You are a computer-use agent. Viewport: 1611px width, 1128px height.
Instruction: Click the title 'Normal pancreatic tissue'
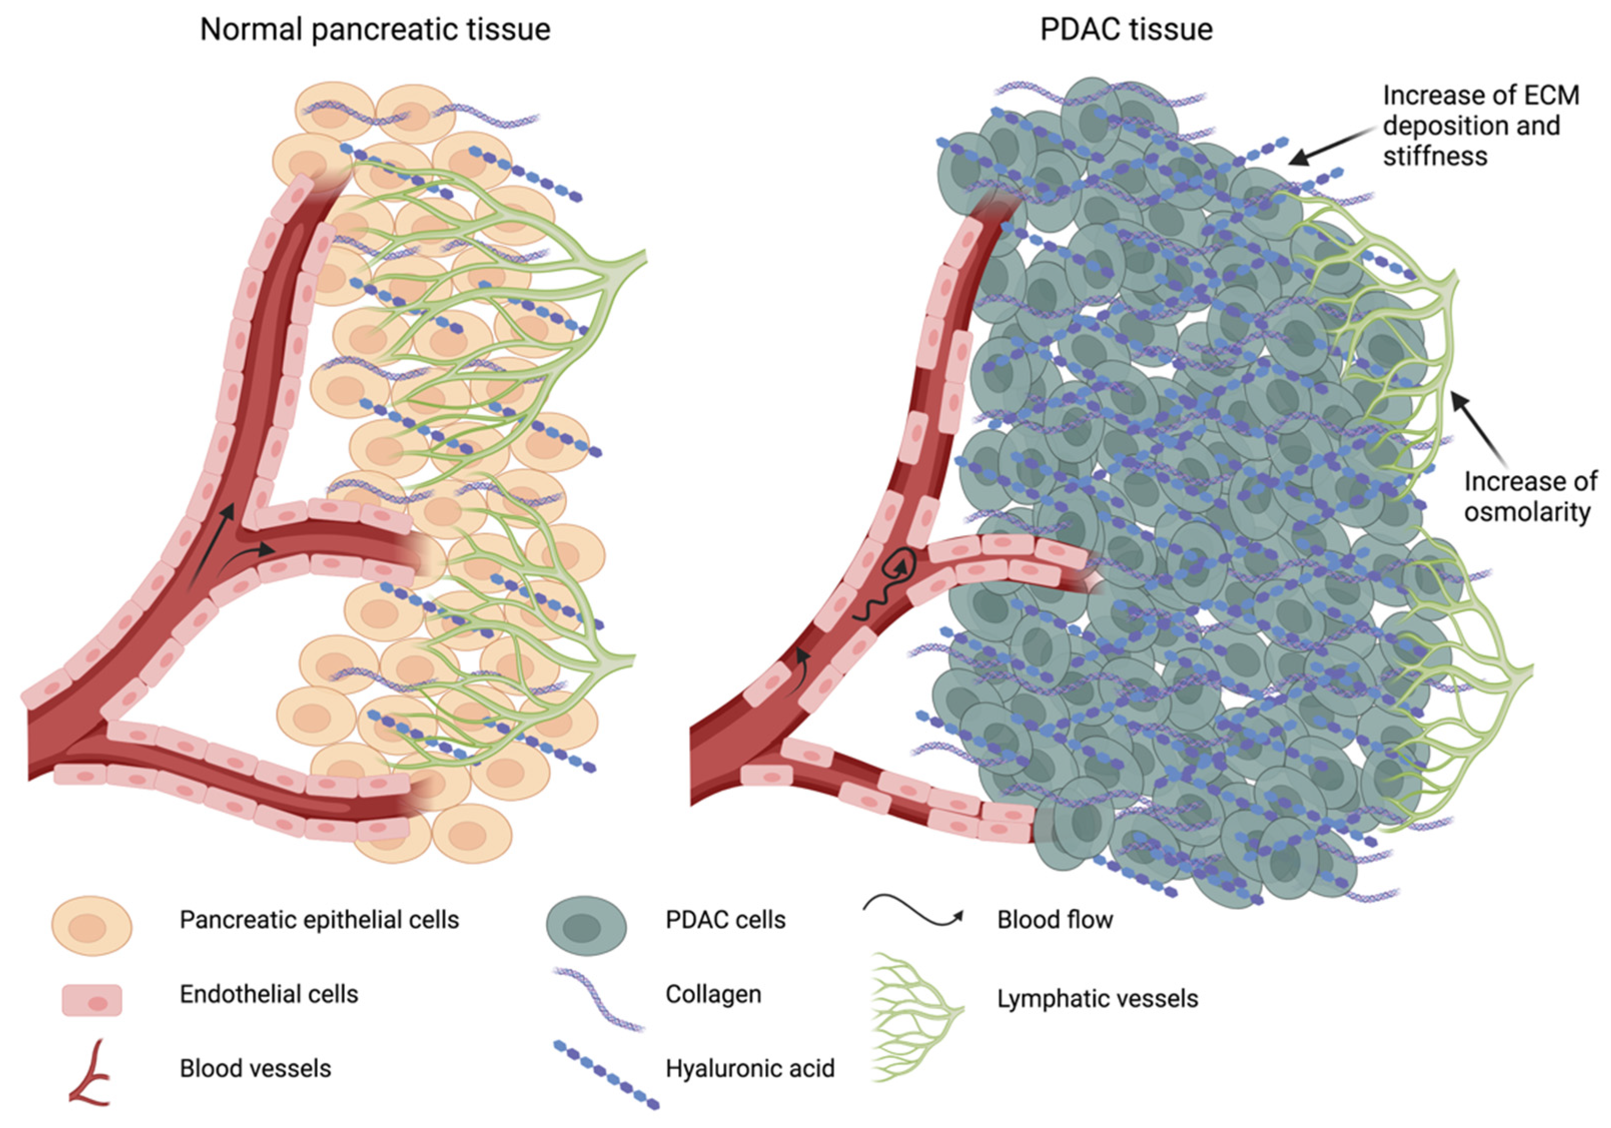coord(375,30)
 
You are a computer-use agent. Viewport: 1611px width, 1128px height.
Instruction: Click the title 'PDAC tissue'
coord(1126,30)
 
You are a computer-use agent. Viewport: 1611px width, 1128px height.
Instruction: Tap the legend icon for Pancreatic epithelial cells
coord(92,925)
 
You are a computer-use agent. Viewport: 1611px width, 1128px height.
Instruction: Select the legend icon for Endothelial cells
coord(92,999)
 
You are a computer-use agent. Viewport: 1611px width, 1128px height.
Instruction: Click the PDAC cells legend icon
coord(586,925)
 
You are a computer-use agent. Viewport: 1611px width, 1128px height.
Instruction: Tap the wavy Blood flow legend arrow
coord(912,912)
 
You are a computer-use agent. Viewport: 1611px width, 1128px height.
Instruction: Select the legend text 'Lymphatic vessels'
coord(1098,998)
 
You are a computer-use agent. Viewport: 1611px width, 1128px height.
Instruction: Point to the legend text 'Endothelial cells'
coord(269,994)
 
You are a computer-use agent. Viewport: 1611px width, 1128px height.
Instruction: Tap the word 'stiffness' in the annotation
coord(1435,156)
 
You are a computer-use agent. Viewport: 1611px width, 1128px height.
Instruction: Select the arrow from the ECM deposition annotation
coord(1330,147)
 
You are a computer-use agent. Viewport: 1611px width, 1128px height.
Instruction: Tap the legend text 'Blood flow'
coord(1054,919)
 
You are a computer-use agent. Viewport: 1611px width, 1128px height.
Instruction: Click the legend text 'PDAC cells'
coord(726,919)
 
